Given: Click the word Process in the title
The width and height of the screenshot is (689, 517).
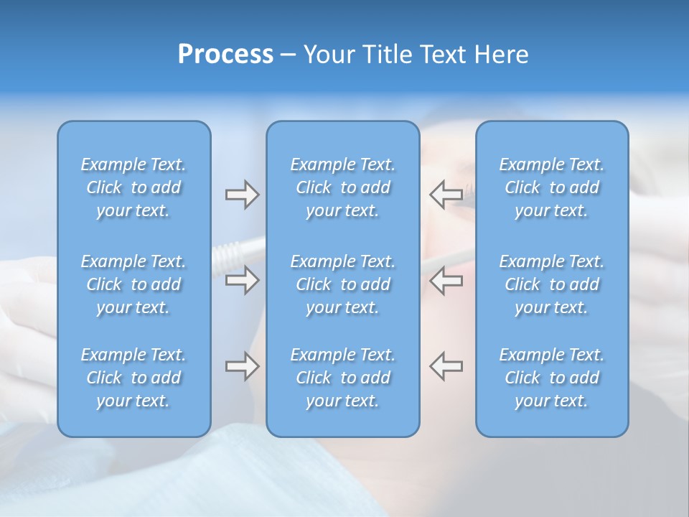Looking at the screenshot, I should click(x=225, y=55).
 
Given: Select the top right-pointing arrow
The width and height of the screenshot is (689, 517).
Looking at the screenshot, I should click(x=242, y=195).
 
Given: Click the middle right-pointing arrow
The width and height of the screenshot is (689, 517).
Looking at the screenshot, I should click(x=242, y=280).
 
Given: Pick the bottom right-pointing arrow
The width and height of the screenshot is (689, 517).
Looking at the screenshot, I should click(x=242, y=366).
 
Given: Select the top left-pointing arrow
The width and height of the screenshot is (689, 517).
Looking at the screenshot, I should click(x=446, y=193).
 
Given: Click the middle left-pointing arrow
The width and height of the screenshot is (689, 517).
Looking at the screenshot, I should click(x=446, y=280).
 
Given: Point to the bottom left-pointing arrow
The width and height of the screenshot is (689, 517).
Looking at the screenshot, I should click(x=446, y=365).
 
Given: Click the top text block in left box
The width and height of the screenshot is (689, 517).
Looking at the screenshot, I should click(x=133, y=187).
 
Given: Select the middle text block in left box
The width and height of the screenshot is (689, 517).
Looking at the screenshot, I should click(x=133, y=284).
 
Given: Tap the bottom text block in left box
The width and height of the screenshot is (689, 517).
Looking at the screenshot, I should click(x=133, y=378).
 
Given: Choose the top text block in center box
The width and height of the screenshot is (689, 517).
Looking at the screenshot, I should click(x=343, y=187).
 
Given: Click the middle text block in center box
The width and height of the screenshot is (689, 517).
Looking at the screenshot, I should click(x=343, y=284).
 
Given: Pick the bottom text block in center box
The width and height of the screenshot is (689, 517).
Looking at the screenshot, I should click(x=343, y=378).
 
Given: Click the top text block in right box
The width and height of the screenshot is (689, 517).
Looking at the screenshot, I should click(x=552, y=187).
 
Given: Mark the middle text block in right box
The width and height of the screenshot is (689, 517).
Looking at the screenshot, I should click(x=552, y=284).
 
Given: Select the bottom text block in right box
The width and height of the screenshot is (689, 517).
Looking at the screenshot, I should click(x=552, y=378).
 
